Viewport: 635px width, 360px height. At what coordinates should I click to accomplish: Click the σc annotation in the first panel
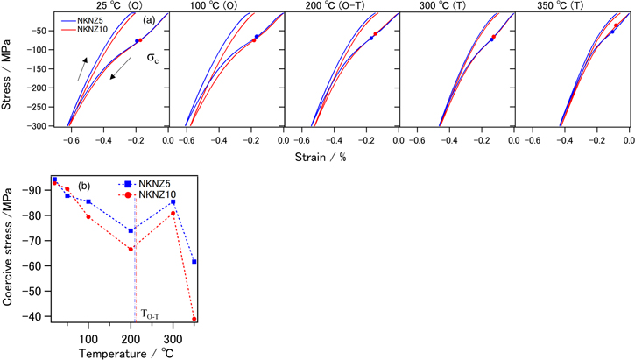152,59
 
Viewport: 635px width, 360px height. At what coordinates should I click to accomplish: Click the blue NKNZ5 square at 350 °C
194,261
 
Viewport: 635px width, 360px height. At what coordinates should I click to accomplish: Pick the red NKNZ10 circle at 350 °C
194,319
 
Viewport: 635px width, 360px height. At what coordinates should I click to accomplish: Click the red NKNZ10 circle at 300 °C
173,213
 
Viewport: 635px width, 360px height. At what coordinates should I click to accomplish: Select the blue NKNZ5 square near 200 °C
131,230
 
